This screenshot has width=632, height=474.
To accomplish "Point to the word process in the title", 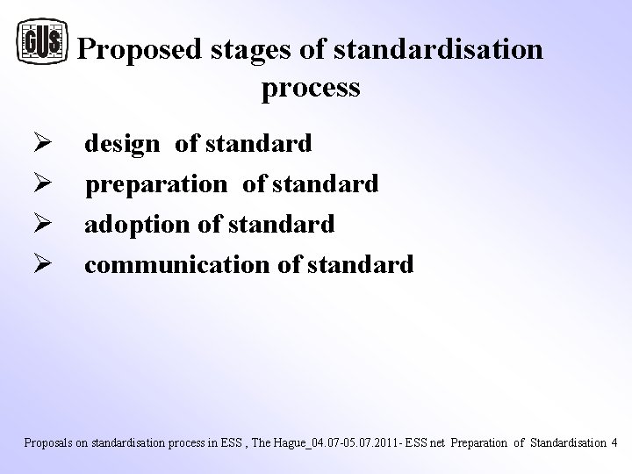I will point(311,88).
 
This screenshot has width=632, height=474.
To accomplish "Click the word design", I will point(122,144).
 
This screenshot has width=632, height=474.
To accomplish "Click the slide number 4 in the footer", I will point(614,442).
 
